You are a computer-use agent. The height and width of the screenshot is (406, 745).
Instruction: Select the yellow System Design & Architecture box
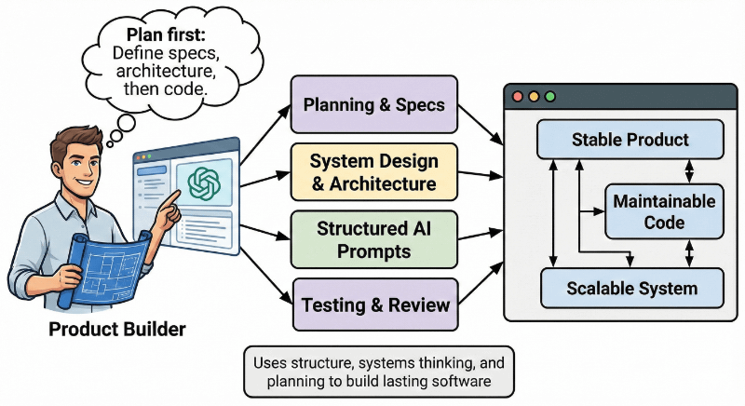coord(373,171)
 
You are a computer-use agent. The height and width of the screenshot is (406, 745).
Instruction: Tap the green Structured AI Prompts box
coord(373,238)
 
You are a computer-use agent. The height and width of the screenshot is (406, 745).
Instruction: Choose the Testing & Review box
coord(375,304)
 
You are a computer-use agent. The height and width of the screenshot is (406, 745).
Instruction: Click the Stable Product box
coord(616,141)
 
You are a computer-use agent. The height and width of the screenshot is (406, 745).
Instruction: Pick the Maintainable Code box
coord(663,211)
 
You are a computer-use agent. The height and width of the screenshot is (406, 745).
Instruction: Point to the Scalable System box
coord(631,288)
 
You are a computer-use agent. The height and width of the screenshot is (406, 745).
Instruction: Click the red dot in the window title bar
coord(518,96)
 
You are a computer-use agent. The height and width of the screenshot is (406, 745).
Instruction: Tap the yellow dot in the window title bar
coord(534,96)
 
